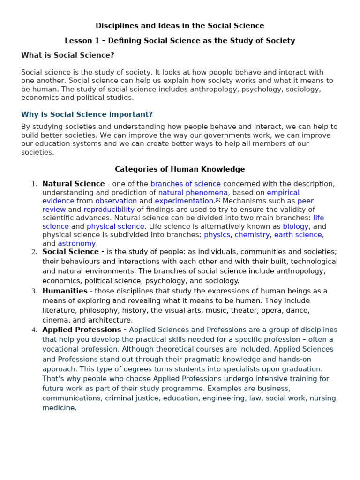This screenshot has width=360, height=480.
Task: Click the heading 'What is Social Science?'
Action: point(67,55)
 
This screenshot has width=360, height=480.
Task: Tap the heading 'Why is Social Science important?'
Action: point(87,114)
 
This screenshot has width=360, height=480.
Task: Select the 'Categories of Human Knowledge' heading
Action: point(180,169)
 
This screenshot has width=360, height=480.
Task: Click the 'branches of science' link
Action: point(185,184)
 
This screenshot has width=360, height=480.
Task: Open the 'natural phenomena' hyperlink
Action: point(193,192)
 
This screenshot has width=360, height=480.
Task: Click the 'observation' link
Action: point(116,201)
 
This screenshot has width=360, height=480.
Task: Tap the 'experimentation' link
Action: point(184,201)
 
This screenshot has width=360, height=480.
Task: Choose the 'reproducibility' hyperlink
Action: point(109,210)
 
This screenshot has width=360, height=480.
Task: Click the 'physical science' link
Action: point(115,226)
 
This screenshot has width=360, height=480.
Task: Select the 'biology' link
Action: point(295,226)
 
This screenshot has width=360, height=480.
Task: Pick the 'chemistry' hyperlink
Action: point(252,235)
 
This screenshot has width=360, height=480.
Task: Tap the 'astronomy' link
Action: point(76,243)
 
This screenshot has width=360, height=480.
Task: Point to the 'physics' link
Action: point(217,235)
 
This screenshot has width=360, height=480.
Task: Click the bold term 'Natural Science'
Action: point(73,184)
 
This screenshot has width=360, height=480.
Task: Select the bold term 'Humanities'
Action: point(65,291)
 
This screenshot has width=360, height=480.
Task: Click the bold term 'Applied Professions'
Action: point(82,330)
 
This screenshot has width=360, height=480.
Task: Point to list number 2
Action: point(34,252)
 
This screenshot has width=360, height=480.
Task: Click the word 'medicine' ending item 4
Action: point(59,408)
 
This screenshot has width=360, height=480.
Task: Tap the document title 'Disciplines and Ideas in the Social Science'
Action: point(180,26)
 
